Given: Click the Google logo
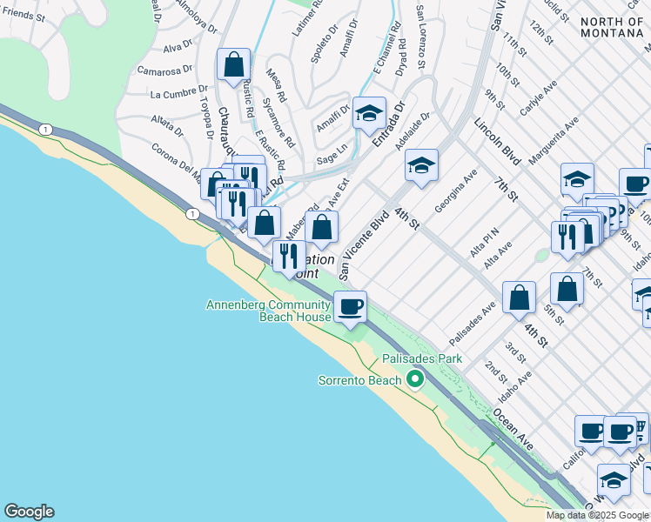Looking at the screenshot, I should (29, 512).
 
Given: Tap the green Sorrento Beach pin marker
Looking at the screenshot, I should (415, 379).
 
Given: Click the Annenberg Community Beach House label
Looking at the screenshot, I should (268, 311).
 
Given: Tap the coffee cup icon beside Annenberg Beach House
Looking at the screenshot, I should (351, 307).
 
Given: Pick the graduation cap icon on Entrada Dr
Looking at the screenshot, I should (369, 113).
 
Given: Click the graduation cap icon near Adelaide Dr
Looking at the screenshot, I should (421, 164).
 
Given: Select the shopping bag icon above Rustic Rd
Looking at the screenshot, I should (234, 64).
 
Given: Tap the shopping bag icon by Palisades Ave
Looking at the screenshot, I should (519, 298).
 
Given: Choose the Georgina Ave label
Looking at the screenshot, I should (456, 190).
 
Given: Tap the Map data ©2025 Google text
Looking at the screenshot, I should (597, 515).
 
